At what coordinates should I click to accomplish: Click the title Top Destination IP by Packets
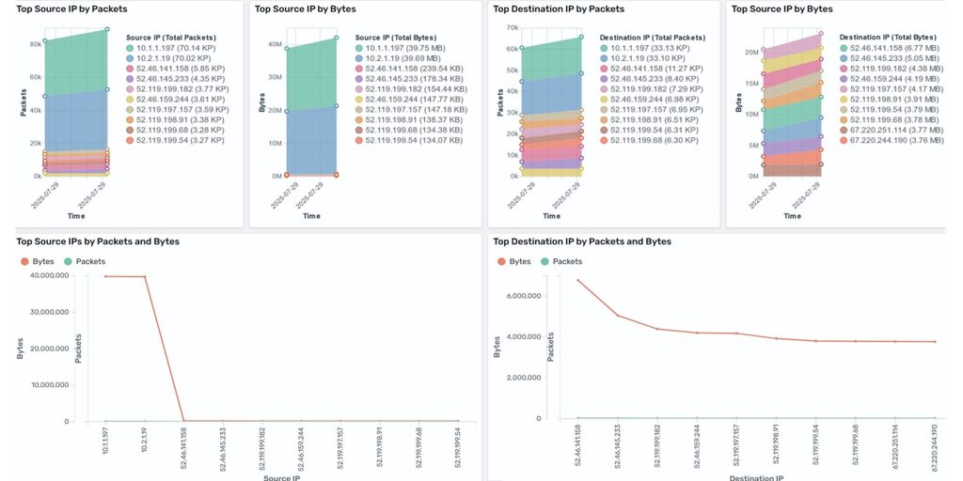559,8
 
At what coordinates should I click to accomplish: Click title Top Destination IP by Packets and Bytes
582,241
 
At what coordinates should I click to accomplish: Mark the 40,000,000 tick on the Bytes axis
57,275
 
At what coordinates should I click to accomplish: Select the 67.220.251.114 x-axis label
895,451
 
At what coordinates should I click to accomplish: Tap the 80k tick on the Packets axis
35,43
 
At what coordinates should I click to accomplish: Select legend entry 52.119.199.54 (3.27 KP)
175,140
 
